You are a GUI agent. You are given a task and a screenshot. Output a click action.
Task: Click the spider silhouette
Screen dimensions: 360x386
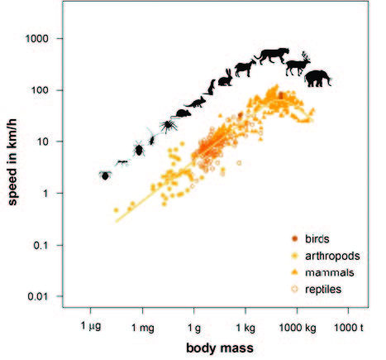pyautogui.click(x=168, y=125)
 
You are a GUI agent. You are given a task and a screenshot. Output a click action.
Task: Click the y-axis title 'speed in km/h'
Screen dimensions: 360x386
pyautogui.click(x=14, y=172)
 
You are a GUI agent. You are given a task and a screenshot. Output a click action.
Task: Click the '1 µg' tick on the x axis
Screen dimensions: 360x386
pyautogui.click(x=93, y=326)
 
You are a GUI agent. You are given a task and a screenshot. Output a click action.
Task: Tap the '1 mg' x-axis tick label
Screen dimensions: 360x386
pyautogui.click(x=144, y=326)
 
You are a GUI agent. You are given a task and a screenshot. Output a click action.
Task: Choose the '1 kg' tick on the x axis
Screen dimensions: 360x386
pyautogui.click(x=246, y=326)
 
